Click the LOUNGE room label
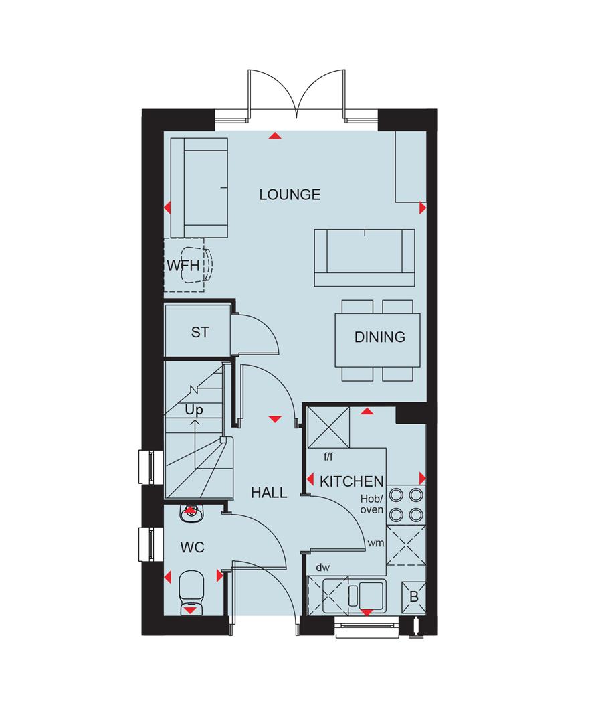pyautogui.click(x=290, y=195)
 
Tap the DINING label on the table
pyautogui.click(x=380, y=337)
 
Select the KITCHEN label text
pyautogui.click(x=352, y=481)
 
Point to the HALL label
pyautogui.click(x=269, y=493)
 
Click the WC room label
pyautogui.click(x=192, y=548)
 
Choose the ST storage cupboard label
pyautogui.click(x=200, y=332)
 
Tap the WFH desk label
pyautogui.click(x=183, y=266)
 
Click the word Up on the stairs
pyautogui.click(x=194, y=410)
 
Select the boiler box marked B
pyautogui.click(x=413, y=597)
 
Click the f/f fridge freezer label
pyautogui.click(x=328, y=457)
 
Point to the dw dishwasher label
pyautogui.click(x=323, y=567)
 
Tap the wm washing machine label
pyautogui.click(x=375, y=543)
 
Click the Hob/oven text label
pyautogui.click(x=372, y=505)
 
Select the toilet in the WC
pyautogui.click(x=190, y=592)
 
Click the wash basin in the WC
pyautogui.click(x=191, y=513)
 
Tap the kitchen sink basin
pyautogui.click(x=372, y=595)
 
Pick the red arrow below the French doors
pyautogui.click(x=275, y=135)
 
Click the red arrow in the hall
pyautogui.click(x=275, y=418)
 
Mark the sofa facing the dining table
pyautogui.click(x=365, y=257)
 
